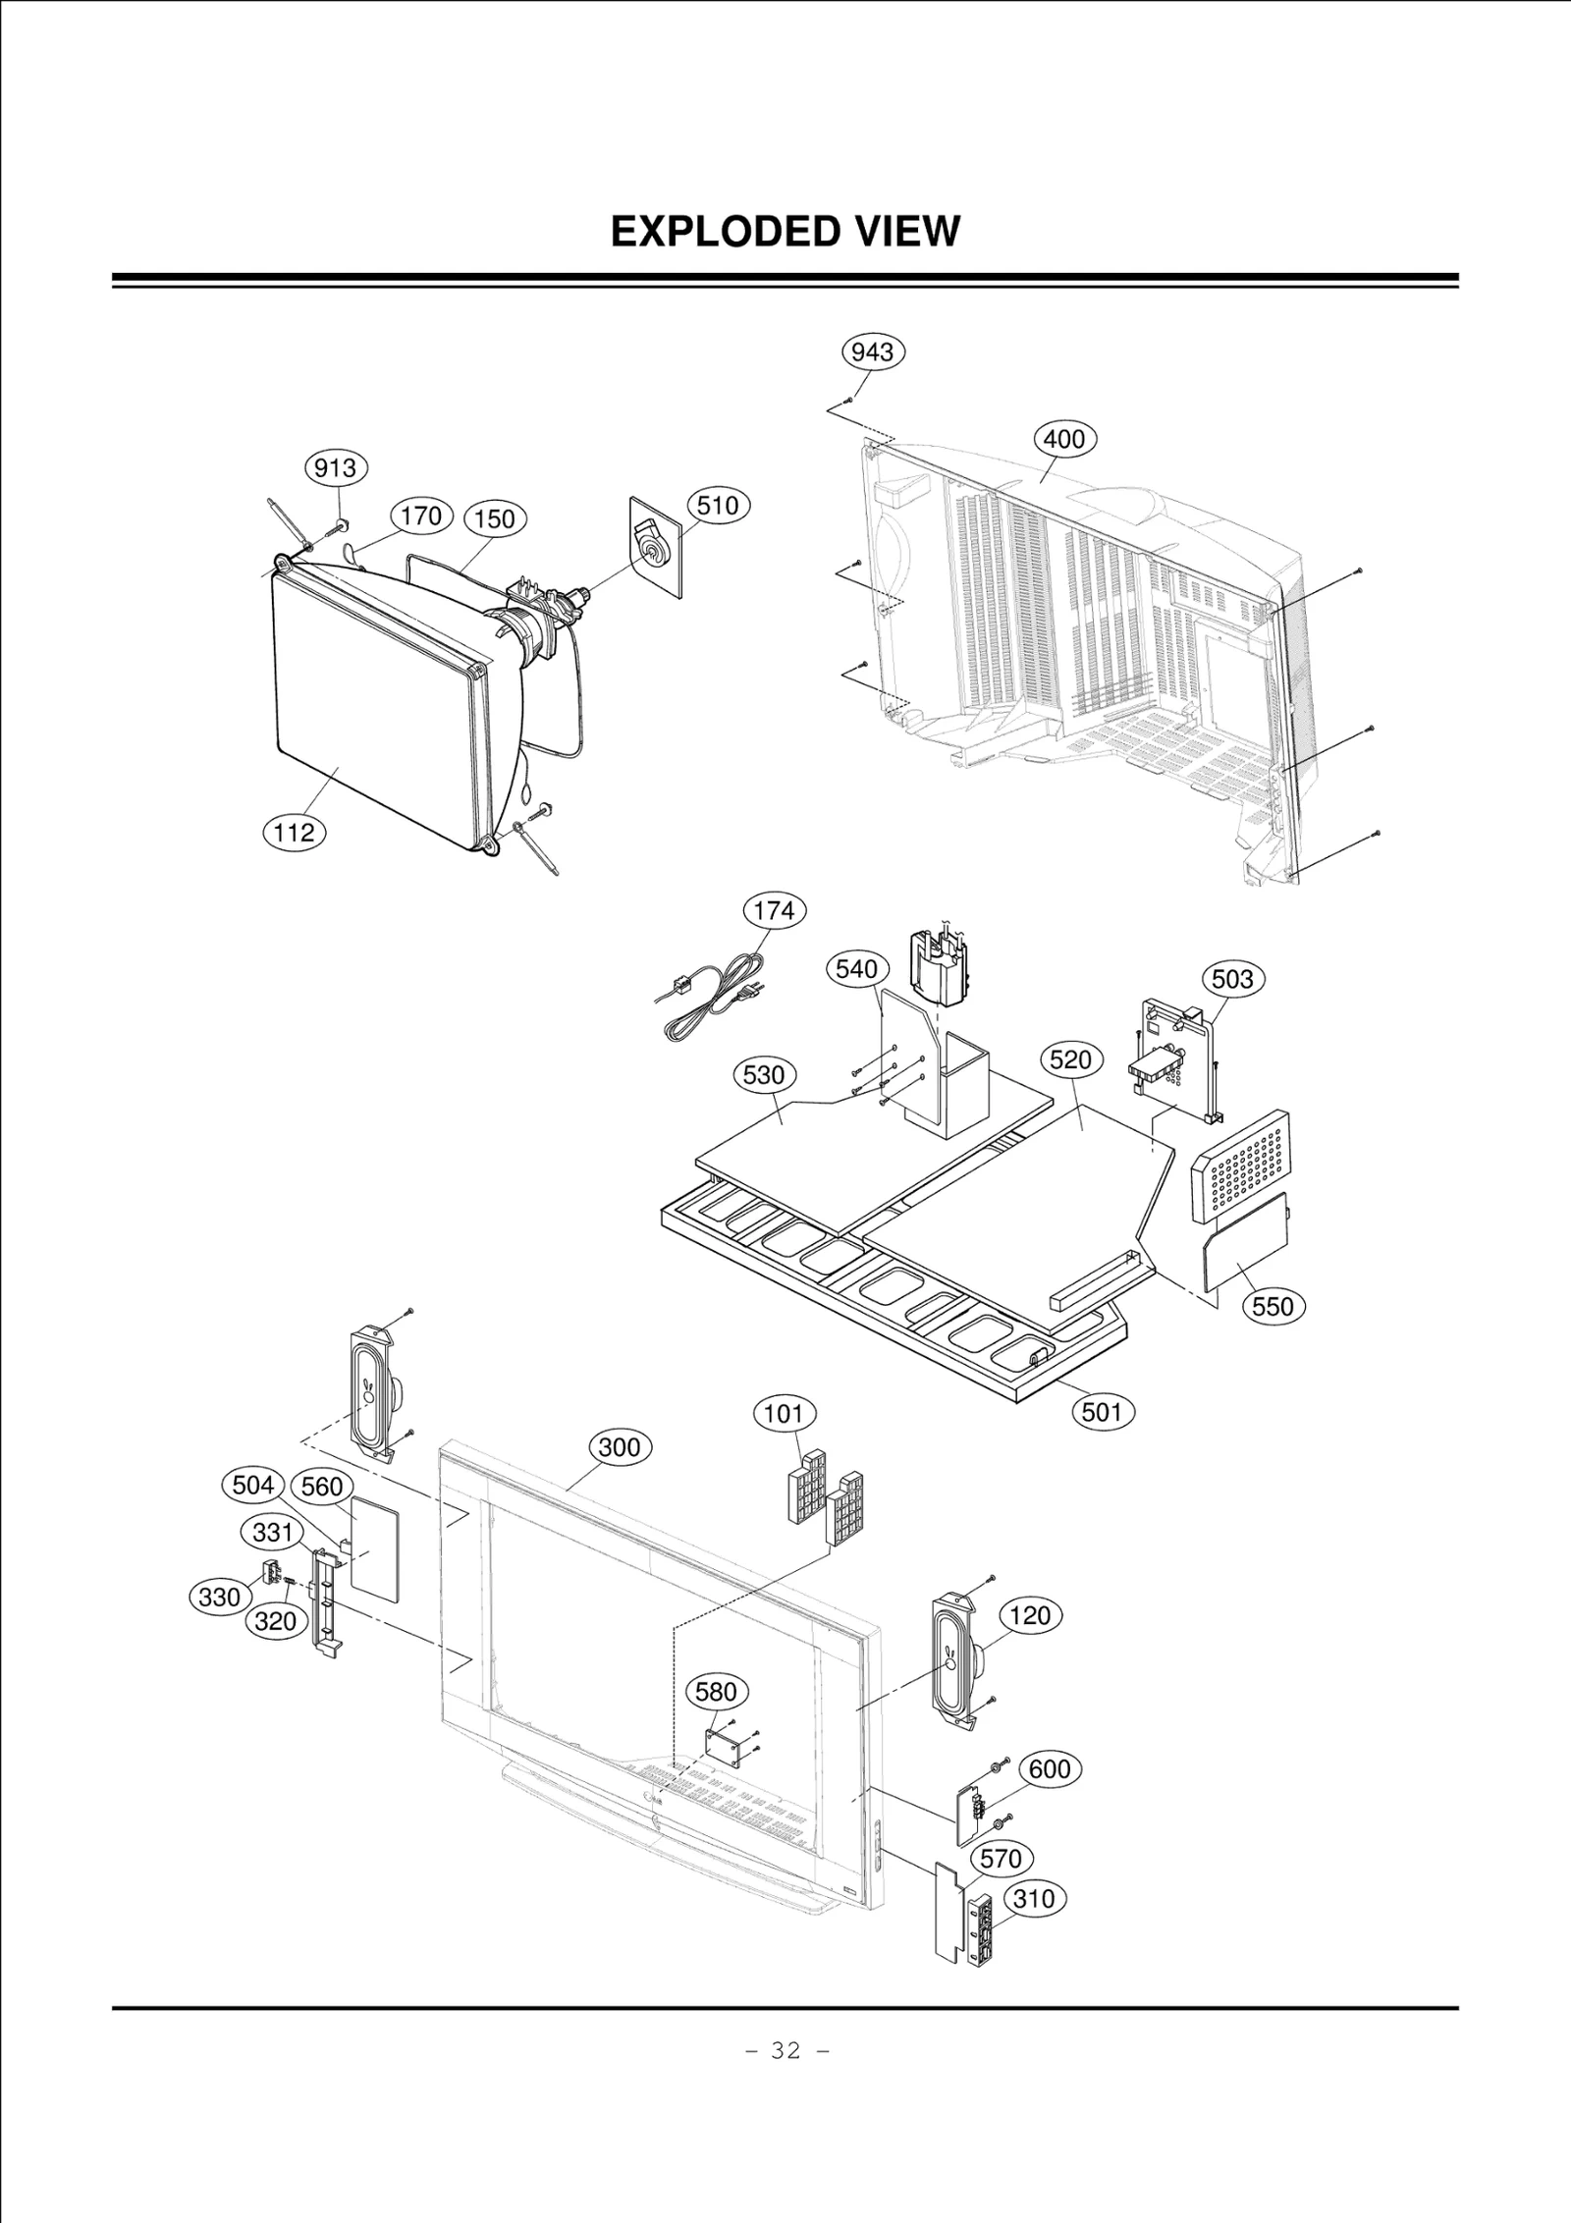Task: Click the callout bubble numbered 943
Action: click(873, 352)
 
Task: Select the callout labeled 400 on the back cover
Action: click(1064, 439)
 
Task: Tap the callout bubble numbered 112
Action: click(294, 833)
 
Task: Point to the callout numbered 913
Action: click(336, 467)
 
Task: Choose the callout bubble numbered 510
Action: click(718, 506)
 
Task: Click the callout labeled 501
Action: click(1102, 1412)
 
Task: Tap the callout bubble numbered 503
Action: click(1233, 979)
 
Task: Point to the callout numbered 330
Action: click(219, 1598)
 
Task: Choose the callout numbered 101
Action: click(784, 1415)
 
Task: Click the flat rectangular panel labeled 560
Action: click(374, 1554)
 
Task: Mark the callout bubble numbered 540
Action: click(856, 970)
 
